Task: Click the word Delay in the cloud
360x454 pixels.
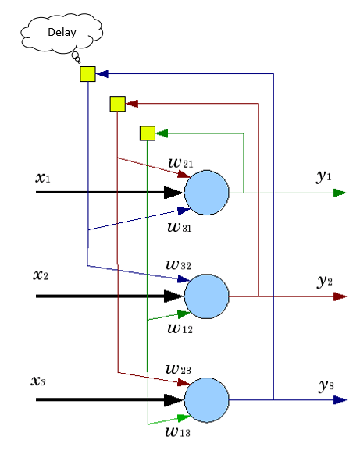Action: pos(62,32)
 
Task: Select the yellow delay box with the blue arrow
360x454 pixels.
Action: pos(87,74)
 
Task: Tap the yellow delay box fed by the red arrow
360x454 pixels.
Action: pos(118,104)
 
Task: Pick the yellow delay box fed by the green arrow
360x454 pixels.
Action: pos(148,133)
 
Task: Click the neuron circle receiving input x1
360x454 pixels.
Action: pos(207,193)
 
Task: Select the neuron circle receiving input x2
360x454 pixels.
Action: pos(207,296)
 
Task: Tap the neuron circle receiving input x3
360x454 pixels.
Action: pos(207,400)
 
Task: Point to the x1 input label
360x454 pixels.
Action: pos(43,178)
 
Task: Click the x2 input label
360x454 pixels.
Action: pos(41,275)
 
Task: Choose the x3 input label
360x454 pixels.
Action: pos(38,381)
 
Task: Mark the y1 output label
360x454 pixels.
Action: pos(324,176)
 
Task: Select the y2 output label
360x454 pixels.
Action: pos(325,281)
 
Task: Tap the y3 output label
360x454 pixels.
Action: pos(326,385)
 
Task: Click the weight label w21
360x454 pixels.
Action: pos(180,163)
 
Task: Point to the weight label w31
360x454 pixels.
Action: pos(180,227)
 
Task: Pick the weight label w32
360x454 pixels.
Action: pos(178,265)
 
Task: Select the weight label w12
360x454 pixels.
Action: pos(180,328)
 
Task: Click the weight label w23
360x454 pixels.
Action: pos(178,369)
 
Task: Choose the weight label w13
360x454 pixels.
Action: pos(178,432)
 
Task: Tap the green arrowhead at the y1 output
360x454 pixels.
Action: pos(340,193)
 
